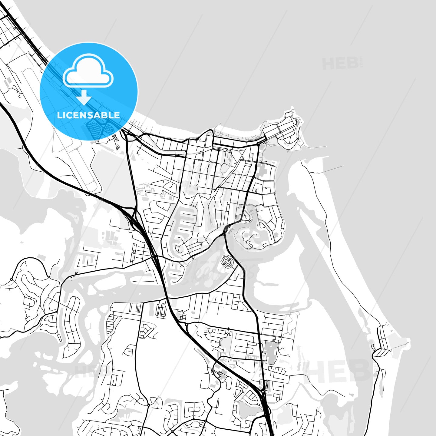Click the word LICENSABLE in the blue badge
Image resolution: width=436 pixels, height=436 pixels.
pos(88,115)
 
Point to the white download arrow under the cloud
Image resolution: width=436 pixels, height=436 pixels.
pos(84,97)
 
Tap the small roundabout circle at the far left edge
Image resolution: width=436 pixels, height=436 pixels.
pos(11,279)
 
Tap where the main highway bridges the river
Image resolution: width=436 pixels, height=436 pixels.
pos(165,291)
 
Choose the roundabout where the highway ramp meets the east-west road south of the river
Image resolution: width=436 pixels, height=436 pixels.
pos(186,324)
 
